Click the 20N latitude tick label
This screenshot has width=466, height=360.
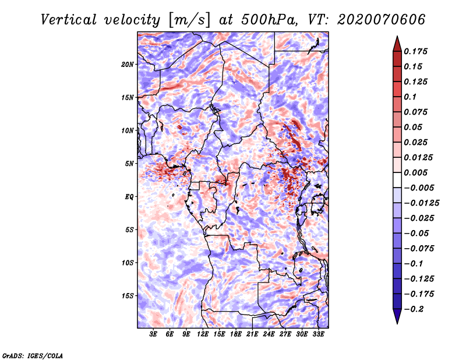coord(128,65)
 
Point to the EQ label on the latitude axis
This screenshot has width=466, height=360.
coord(129,197)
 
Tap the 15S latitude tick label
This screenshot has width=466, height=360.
coord(128,296)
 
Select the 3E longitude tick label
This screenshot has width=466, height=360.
coord(153,334)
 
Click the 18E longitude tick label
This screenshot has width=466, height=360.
coord(236,334)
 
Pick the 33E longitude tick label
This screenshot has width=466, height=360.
coord(318,334)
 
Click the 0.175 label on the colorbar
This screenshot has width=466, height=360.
coord(415,51)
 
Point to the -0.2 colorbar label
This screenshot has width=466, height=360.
coord(414,309)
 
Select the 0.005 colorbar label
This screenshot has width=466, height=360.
coord(415,172)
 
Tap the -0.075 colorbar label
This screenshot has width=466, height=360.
coord(419,249)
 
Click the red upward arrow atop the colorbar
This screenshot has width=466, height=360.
coord(397,44)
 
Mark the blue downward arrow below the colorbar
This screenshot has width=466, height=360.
coord(397,316)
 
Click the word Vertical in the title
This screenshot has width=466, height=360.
coord(69,20)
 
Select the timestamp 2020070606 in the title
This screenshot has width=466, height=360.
coord(382,20)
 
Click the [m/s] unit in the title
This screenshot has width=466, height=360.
coord(189,20)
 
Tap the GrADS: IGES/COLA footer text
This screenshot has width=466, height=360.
coord(33,356)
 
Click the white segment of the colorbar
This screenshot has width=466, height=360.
coord(397,180)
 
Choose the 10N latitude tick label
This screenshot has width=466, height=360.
coord(128,130)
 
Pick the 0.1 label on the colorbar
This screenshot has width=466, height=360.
coord(410,97)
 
